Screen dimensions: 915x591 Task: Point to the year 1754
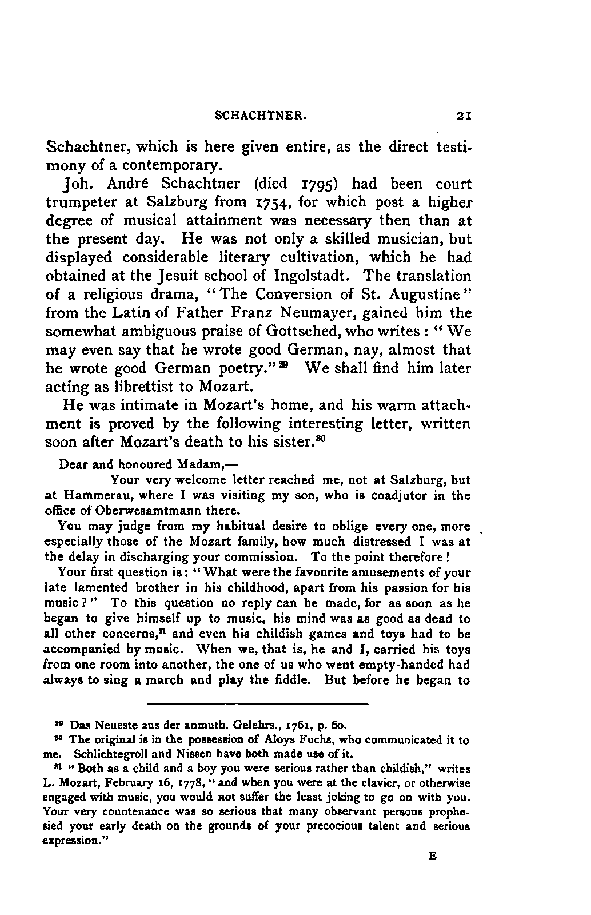[274, 203]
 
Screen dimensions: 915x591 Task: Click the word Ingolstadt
[313, 276]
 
